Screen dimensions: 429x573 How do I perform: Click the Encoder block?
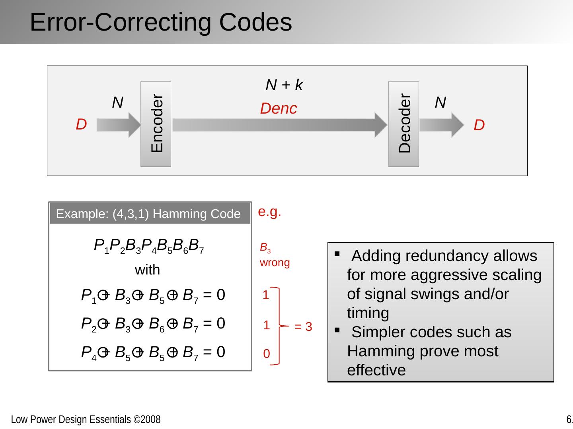coord(156,124)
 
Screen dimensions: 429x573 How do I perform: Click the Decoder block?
coord(403,124)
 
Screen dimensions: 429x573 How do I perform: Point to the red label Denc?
coord(278,108)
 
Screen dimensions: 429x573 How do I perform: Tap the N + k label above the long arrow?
coord(284,85)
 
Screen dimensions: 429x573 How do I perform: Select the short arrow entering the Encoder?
coord(119,125)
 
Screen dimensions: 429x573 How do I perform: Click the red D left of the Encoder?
coord(81,125)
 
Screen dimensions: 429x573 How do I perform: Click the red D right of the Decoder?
coord(479,126)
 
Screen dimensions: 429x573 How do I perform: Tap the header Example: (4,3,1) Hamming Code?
coord(148,214)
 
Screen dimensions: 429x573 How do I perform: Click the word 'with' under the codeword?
coord(147,270)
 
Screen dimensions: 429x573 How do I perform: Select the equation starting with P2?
coord(153,324)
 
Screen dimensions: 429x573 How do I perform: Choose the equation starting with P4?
coord(153,352)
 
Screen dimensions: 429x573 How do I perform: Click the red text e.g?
coord(269,212)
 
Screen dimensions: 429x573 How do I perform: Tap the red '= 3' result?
coord(303,327)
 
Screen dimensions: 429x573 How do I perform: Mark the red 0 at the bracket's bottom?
coord(267,354)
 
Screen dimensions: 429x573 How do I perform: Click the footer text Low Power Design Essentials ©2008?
coord(86,419)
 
